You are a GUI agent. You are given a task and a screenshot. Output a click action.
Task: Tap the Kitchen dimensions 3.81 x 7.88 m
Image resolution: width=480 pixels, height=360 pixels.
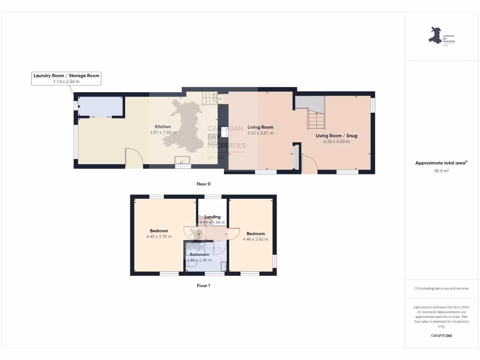point(163,133)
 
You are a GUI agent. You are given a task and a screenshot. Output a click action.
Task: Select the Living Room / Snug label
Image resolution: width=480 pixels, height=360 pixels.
point(336,135)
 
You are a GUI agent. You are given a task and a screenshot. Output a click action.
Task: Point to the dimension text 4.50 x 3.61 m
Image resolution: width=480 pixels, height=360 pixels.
point(261,133)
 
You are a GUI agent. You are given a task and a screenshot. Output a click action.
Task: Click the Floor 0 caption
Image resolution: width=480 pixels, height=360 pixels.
point(203,184)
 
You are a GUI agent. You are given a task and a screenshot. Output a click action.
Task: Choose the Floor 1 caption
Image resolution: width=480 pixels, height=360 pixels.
point(203,285)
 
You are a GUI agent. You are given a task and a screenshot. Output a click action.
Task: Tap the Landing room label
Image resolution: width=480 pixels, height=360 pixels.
point(212,217)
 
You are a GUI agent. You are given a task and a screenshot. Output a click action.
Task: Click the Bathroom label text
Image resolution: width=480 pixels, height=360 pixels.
point(199,255)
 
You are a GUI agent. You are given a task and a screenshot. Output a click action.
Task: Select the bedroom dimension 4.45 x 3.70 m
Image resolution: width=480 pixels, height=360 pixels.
point(159,237)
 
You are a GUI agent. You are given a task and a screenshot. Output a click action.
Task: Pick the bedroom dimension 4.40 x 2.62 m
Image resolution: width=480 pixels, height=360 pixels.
point(255,240)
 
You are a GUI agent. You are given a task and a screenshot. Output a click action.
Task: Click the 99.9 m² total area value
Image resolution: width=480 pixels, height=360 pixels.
point(441,171)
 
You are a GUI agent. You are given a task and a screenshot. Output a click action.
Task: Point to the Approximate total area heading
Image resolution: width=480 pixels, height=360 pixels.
point(441,163)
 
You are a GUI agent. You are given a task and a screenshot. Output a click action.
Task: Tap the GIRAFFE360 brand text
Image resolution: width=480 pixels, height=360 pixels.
point(441,336)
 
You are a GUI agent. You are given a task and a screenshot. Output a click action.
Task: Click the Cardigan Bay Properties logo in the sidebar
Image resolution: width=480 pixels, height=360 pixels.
point(441,36)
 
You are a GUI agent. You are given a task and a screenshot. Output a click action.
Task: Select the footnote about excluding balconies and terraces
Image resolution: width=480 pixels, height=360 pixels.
point(441,288)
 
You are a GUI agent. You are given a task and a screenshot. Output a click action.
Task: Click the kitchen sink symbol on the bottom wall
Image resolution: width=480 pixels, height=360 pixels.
point(182,161)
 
